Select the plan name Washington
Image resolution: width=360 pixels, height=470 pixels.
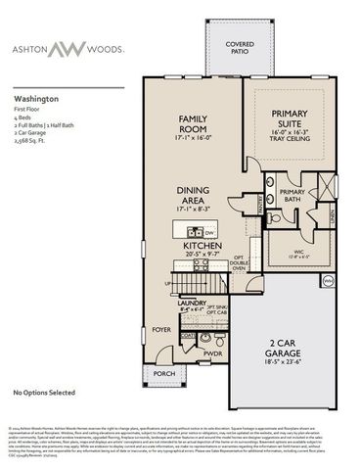36,99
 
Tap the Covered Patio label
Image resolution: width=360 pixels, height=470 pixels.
240,48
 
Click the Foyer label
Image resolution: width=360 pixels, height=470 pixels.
160,328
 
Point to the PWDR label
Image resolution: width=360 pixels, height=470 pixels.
213,352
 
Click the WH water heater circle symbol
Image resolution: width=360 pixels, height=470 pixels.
329,280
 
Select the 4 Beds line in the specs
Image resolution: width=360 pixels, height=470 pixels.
23,117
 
